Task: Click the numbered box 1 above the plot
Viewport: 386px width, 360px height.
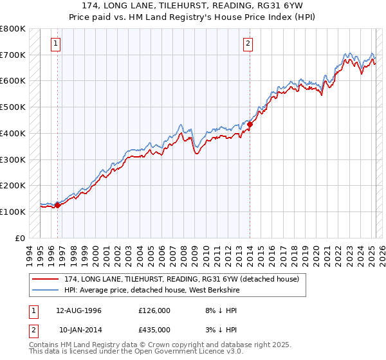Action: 57,44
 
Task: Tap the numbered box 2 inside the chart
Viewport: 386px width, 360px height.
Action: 248,44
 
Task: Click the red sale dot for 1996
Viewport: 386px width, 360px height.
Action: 57,205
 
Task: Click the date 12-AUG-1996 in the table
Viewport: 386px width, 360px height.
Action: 79,310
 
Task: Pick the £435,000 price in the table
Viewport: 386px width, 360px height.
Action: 154,329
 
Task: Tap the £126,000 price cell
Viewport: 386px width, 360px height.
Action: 154,310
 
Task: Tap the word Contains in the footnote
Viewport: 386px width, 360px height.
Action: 45,345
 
